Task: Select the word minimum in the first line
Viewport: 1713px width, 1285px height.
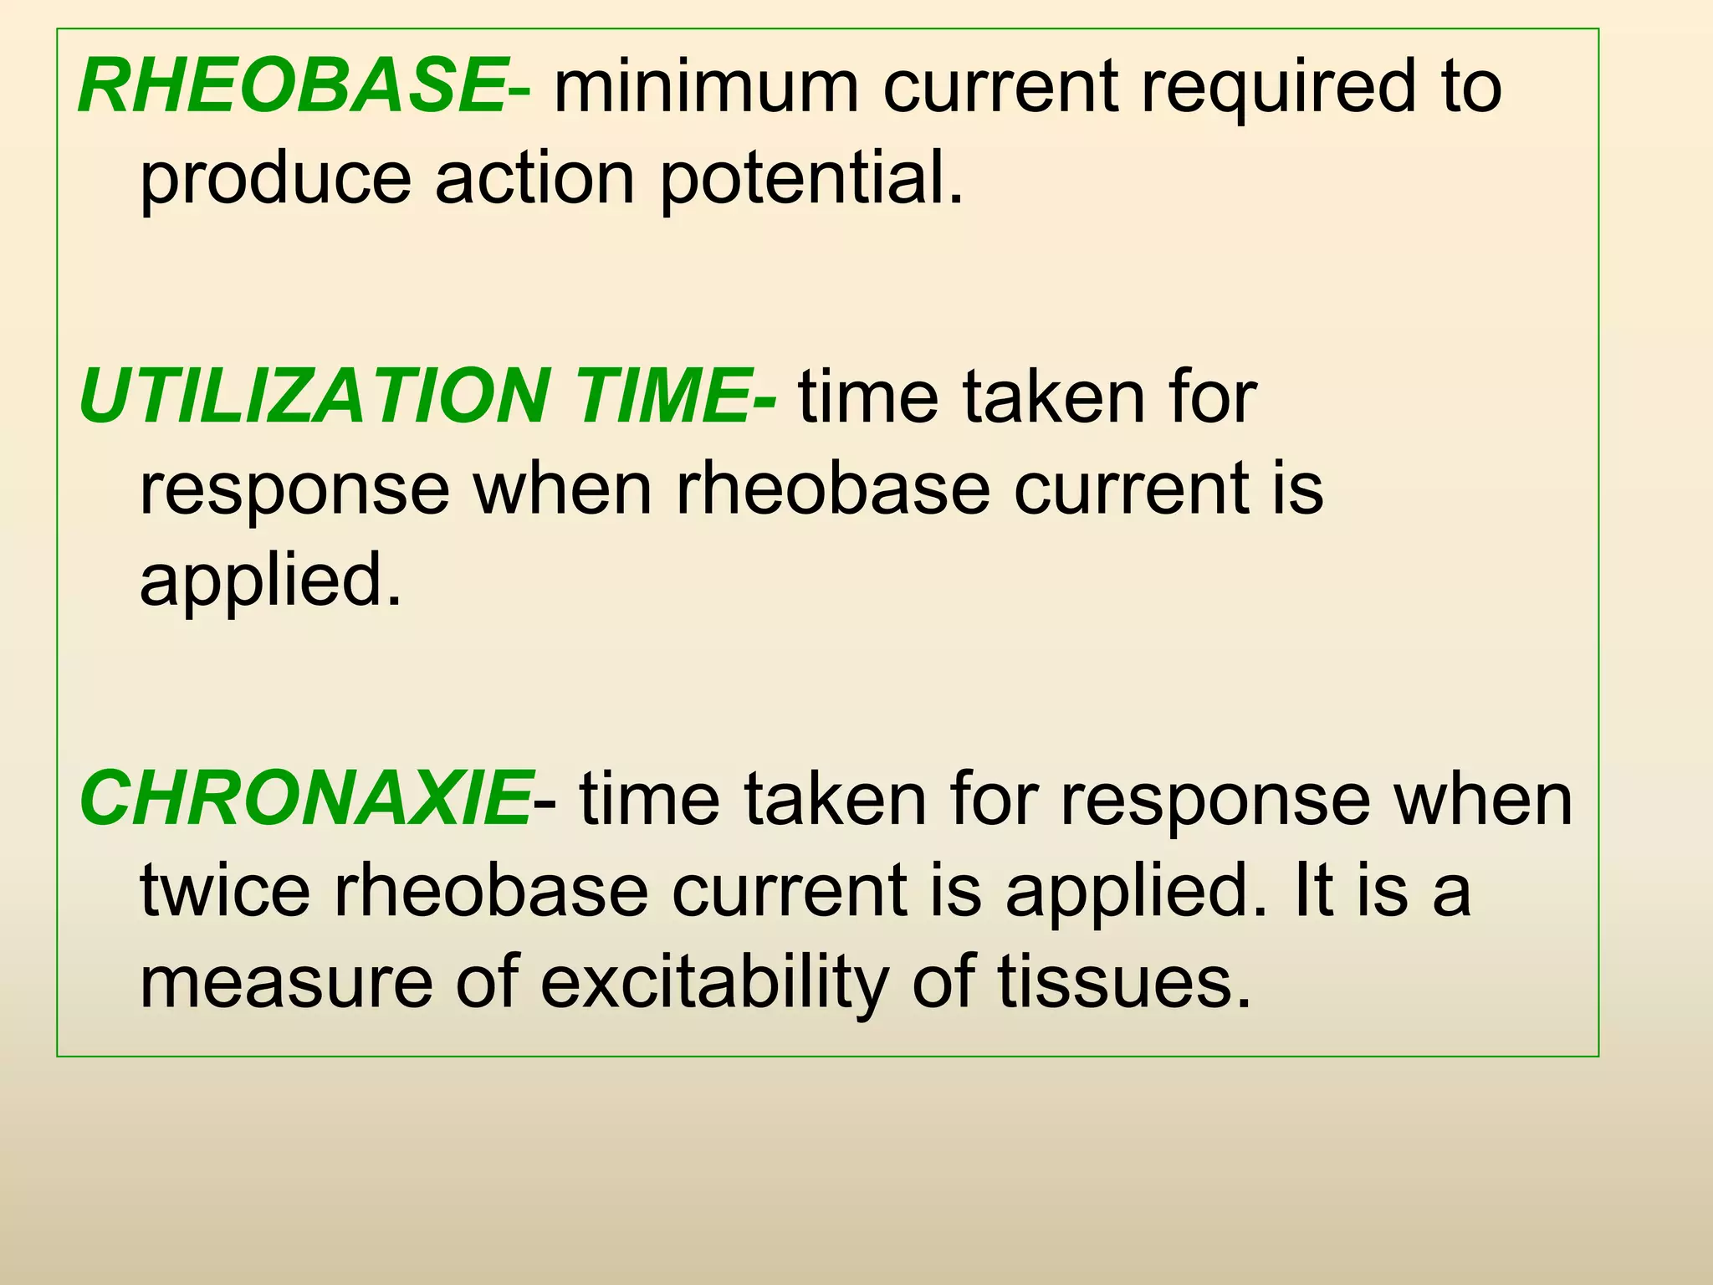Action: click(707, 87)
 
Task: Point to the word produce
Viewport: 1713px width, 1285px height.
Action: click(275, 181)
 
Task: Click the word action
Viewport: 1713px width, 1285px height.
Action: click(534, 179)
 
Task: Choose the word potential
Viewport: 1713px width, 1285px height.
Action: click(811, 179)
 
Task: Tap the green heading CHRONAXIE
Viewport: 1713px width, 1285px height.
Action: click(305, 799)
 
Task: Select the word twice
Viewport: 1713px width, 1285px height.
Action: click(225, 890)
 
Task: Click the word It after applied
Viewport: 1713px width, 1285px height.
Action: click(1313, 890)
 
